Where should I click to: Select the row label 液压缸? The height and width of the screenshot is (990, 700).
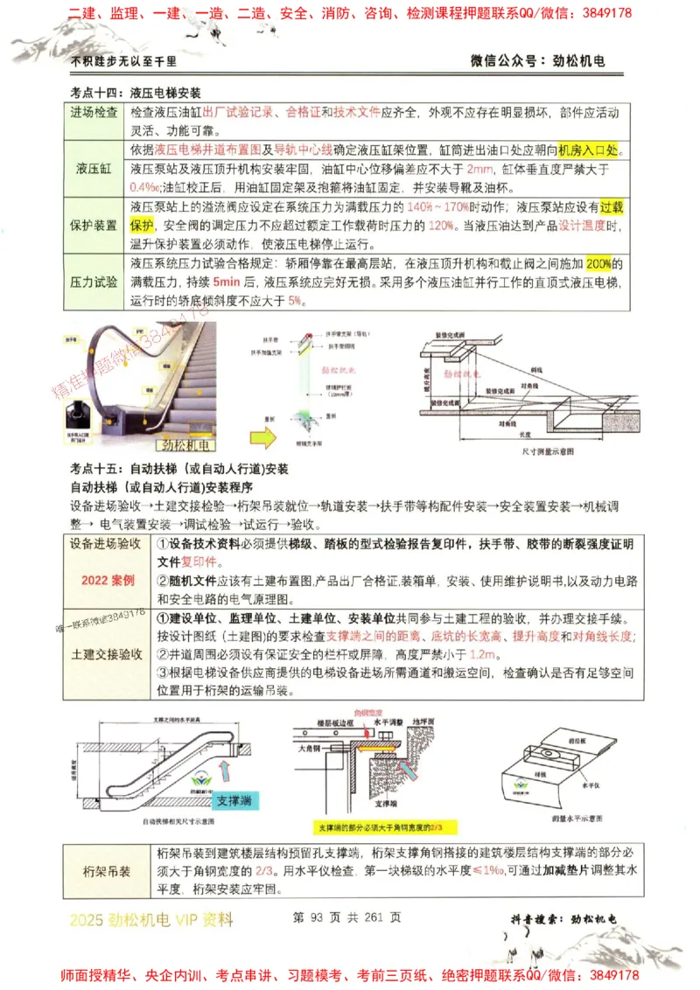94,167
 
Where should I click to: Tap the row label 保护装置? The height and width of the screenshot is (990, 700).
94,225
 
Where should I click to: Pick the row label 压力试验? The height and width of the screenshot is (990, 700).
94,282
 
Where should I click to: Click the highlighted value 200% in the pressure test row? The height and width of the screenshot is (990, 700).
599,263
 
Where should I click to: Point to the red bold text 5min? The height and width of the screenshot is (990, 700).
226,282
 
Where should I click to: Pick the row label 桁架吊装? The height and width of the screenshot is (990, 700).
107,871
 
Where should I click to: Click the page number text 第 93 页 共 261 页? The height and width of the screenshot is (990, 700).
347,917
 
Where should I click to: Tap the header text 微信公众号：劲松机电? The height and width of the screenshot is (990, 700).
537,61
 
